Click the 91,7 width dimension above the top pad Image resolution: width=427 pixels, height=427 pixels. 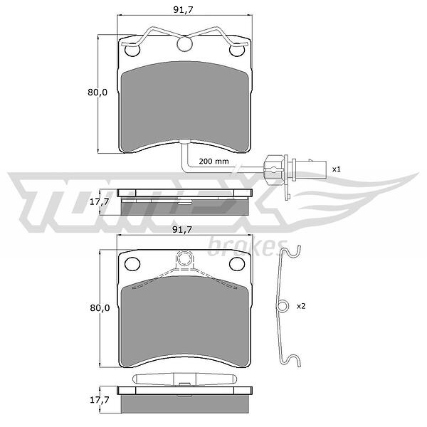coord(183,10)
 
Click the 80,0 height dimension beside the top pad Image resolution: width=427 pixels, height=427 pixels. coord(97,93)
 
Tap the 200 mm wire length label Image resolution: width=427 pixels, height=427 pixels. coord(213,162)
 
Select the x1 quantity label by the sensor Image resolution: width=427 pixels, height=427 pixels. coord(337,169)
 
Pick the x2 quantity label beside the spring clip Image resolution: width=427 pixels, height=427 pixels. coord(301,306)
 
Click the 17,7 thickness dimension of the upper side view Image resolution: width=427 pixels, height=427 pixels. coord(100,201)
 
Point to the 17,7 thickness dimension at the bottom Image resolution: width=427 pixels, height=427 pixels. coord(100,400)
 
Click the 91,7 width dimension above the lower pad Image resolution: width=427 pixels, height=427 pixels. coord(182,230)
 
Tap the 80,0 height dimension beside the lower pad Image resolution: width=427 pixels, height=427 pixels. coord(100,308)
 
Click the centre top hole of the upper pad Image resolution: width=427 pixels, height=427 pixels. coord(184,43)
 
